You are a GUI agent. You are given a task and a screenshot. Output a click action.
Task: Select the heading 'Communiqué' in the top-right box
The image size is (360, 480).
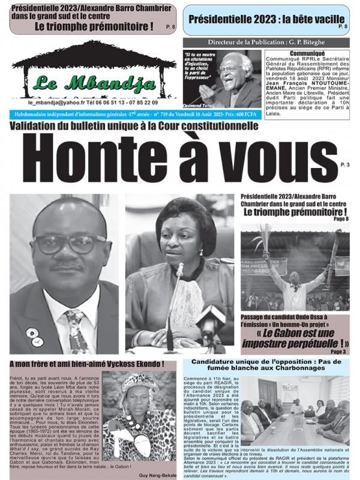tap(306, 53)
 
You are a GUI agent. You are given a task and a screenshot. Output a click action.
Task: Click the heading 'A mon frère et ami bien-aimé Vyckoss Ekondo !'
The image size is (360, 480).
tap(87, 365)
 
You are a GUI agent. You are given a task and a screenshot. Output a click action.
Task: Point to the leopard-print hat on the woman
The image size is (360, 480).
tap(137, 384)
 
